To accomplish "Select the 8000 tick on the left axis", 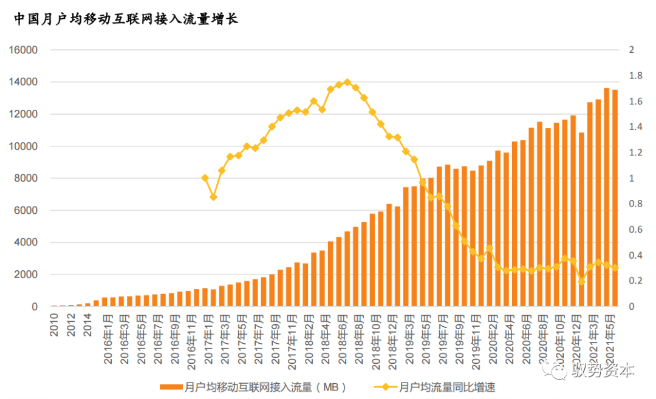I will click(27, 179).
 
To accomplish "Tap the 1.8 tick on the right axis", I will click(635, 76).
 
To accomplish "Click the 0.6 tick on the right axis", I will click(635, 230).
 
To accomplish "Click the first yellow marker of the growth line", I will click(205, 178).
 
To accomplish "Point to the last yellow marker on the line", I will click(615, 268).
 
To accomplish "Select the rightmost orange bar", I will click(615, 200).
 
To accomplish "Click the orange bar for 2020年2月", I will click(497, 231).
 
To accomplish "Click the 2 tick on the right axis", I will click(632, 50).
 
